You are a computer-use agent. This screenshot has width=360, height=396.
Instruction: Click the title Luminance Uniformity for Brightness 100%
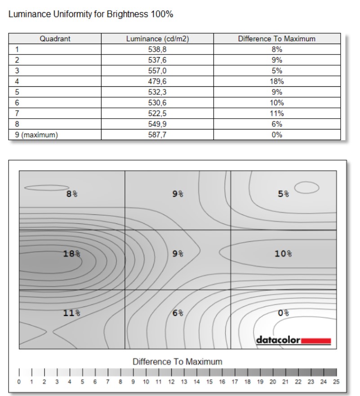91,14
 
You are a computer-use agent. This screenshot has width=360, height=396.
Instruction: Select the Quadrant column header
54,39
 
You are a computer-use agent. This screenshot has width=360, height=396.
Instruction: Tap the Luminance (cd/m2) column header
157,39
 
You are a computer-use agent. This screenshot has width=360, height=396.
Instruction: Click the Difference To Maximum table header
276,39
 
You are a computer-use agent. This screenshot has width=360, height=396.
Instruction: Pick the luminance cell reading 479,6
157,81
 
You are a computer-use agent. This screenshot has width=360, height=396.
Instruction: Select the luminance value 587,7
157,134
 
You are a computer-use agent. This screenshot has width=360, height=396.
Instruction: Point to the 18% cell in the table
277,81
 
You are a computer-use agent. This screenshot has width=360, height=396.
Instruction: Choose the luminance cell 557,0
157,71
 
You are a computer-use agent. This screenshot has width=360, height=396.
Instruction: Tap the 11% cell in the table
277,113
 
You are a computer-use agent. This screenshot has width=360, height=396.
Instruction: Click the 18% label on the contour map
71,254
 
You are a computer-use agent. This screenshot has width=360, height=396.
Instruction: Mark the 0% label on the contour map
283,313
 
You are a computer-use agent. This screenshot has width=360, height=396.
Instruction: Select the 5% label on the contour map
283,194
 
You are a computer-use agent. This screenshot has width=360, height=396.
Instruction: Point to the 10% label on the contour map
283,254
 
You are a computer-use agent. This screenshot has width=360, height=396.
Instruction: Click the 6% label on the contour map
178,313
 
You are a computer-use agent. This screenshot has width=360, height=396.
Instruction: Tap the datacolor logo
293,340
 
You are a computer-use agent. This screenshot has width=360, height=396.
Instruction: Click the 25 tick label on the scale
337,382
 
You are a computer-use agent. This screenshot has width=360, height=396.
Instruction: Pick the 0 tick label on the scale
19,382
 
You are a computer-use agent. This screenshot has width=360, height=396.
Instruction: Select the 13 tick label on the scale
184,382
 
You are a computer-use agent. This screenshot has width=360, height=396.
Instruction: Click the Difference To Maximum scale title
177,361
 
